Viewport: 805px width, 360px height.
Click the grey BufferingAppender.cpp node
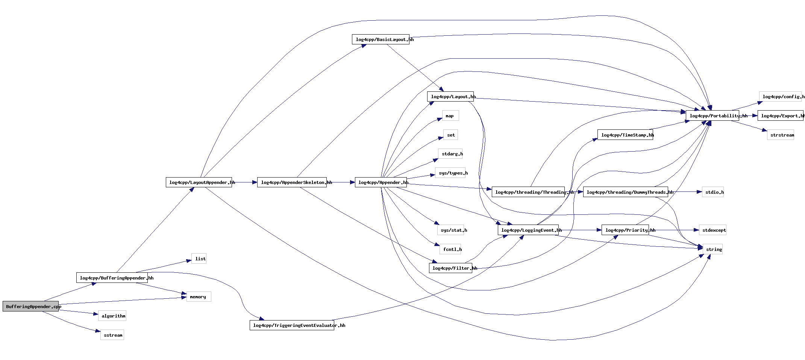tap(30, 306)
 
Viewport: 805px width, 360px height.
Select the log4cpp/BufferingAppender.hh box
tap(112, 278)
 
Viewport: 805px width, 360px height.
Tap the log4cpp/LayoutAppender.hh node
tap(199, 182)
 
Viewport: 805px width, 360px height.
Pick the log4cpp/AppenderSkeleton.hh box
tap(292, 182)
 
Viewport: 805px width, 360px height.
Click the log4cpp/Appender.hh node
tap(381, 182)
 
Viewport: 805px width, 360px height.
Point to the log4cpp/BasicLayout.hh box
tap(381, 39)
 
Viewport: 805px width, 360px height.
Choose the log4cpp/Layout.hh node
tap(450, 97)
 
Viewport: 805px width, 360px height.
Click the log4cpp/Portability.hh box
tap(712, 116)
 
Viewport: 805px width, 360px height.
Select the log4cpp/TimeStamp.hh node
tap(625, 135)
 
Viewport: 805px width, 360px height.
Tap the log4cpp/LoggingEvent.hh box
tap(528, 230)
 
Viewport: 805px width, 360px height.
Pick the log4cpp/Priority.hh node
tap(625, 230)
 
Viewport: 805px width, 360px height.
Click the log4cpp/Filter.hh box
tap(450, 268)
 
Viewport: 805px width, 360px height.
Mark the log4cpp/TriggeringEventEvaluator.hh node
tap(292, 325)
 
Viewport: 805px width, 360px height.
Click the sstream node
tap(112, 335)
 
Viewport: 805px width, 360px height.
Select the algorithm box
tap(112, 316)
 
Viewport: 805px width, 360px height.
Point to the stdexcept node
tap(713, 230)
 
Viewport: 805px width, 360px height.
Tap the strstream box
tap(781, 135)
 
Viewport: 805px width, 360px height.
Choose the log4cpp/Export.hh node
tap(780, 116)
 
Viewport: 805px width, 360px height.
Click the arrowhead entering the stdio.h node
tap(699, 192)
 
